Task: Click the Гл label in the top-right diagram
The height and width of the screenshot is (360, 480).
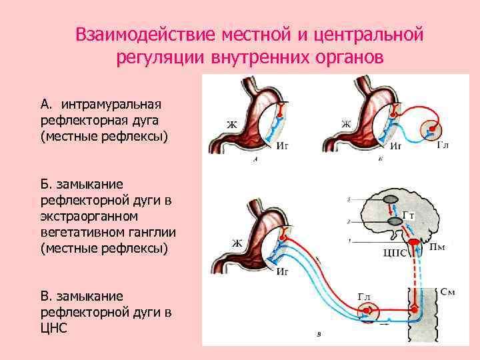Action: click(x=443, y=144)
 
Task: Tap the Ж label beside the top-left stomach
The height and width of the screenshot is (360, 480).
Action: click(x=231, y=124)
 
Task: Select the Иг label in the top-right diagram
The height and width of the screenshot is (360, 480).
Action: click(x=396, y=145)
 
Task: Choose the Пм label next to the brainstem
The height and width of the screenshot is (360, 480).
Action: click(x=437, y=248)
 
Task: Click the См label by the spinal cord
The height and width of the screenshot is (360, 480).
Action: click(x=449, y=293)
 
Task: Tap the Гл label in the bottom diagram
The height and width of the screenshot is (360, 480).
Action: click(x=364, y=297)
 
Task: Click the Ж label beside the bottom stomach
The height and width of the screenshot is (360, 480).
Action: click(x=237, y=243)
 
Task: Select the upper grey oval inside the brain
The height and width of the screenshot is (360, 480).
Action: click(x=391, y=198)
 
